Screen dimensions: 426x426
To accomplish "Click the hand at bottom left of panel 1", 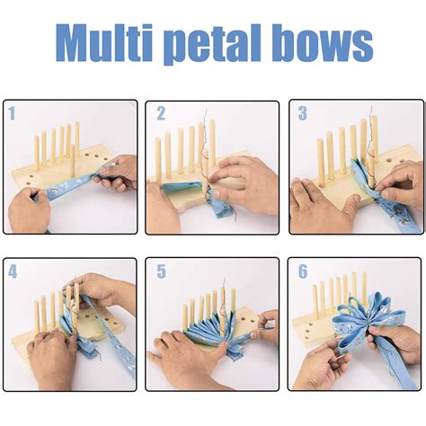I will pos(31,211).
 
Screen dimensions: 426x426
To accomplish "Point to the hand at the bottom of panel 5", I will pos(193,368).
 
